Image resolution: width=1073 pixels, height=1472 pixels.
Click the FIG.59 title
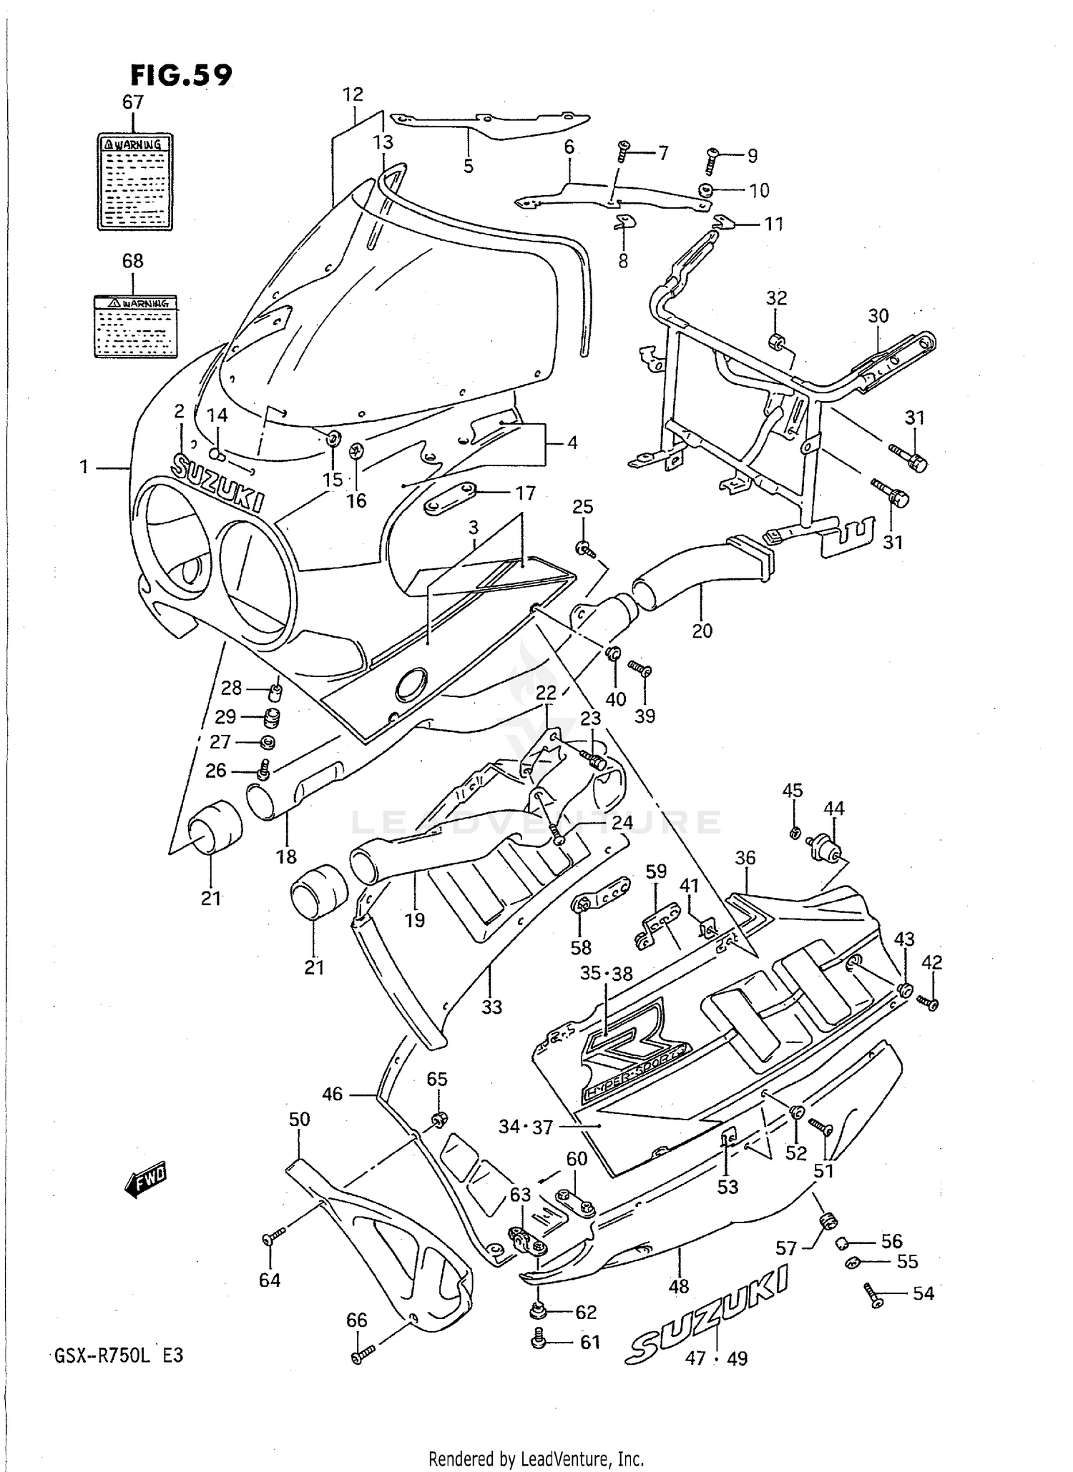[181, 74]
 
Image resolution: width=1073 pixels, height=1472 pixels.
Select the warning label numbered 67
[135, 182]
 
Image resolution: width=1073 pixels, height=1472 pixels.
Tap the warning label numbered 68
[135, 327]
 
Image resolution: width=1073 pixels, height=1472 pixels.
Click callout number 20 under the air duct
[702, 631]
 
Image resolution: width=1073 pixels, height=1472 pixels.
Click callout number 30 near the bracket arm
[878, 315]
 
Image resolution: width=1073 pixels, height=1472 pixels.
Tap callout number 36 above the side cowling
[745, 857]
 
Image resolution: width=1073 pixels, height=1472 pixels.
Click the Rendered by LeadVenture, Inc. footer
[536, 1458]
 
